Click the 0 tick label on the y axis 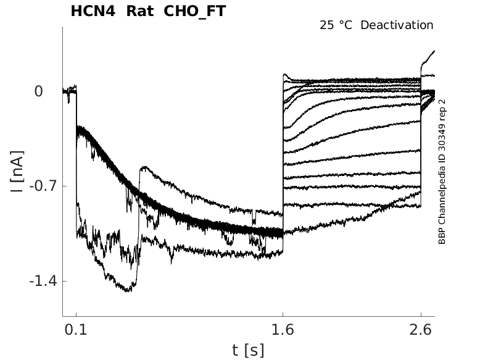[38, 91]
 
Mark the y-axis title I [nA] [18, 170]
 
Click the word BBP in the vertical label [442, 236]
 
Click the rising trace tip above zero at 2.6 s [434, 51]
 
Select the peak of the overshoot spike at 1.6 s [284, 75]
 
